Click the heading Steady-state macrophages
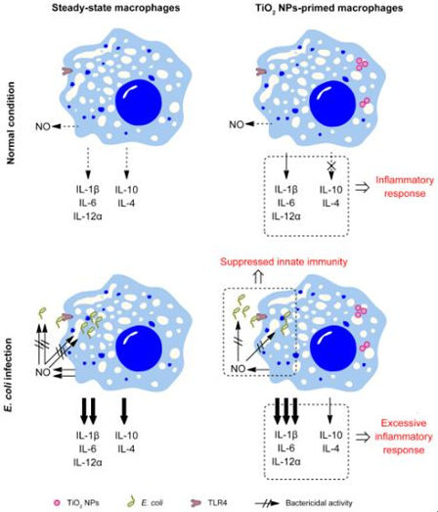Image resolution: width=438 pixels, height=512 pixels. tap(115, 8)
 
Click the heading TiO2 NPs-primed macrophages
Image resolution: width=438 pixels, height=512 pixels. tap(329, 8)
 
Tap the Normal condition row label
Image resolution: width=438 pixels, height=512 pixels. tap(11, 122)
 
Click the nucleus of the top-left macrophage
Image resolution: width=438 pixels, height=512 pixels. tap(139, 102)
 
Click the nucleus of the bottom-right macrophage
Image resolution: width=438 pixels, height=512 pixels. tap(332, 349)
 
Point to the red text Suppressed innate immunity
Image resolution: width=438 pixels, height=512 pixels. tap(284, 262)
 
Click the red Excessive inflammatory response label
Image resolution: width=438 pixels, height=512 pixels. tap(404, 437)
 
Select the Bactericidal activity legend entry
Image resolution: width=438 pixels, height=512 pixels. tap(304, 503)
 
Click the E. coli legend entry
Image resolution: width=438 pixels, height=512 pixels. tap(145, 503)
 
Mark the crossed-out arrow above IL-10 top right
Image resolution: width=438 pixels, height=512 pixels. tap(331, 165)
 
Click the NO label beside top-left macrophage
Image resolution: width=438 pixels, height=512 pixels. tap(43, 126)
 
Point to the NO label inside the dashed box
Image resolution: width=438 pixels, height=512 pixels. tap(238, 369)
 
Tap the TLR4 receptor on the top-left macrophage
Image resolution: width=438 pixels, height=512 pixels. tap(67, 70)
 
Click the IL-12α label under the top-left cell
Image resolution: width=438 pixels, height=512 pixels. tap(88, 216)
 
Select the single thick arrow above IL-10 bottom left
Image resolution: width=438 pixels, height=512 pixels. tap(124, 411)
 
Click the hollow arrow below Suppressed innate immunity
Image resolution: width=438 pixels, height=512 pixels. tap(258, 278)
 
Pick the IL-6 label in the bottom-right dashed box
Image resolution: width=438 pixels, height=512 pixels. tap(286, 448)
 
